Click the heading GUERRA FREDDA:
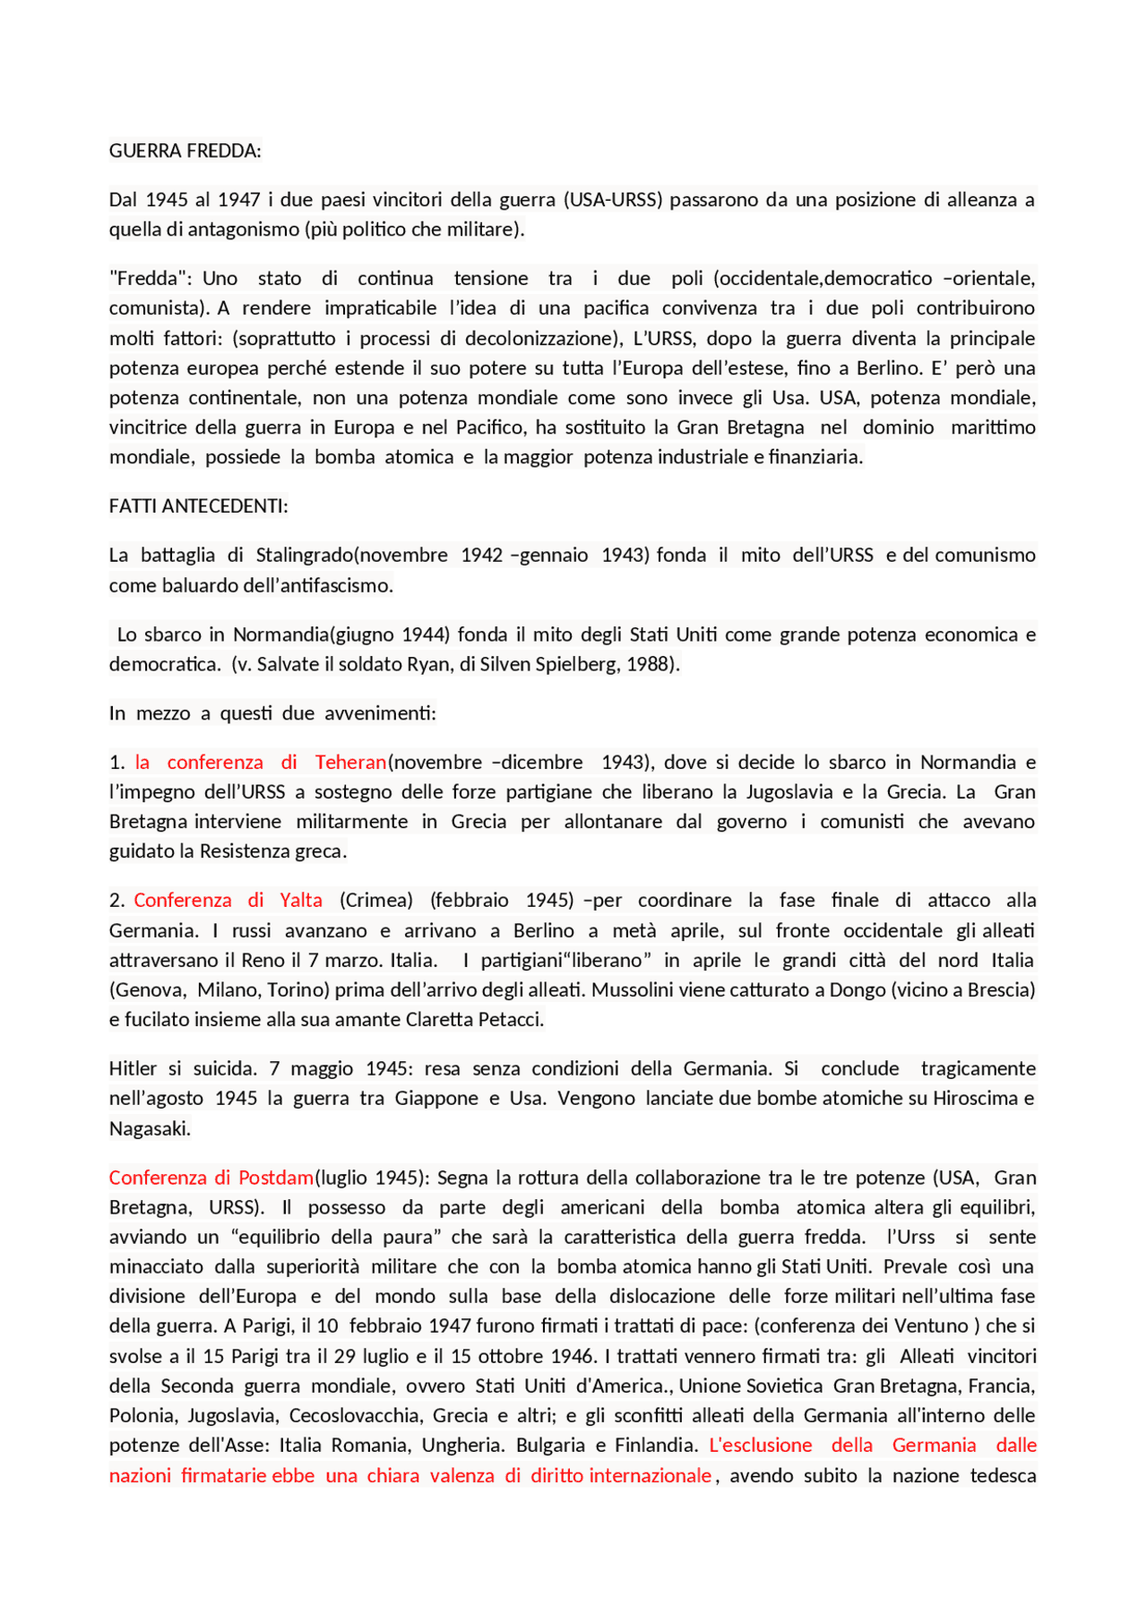click(185, 151)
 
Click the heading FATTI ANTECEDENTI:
click(198, 506)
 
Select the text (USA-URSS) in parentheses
click(612, 200)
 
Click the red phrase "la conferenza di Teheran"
click(260, 763)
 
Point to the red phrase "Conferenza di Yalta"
click(228, 901)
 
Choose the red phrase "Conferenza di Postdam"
click(211, 1178)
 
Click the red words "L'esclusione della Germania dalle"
click(872, 1445)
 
